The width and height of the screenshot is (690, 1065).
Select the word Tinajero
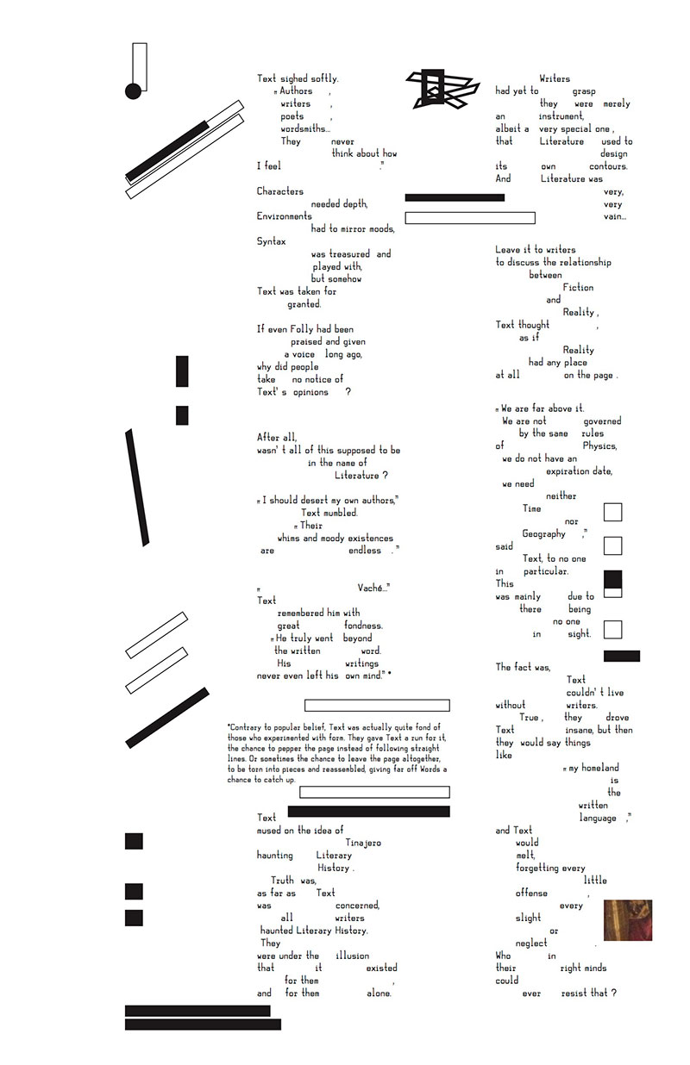click(x=363, y=843)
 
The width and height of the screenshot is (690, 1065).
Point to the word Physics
click(x=599, y=446)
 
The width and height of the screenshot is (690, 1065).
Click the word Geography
click(x=543, y=534)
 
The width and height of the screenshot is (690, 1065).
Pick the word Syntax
click(x=271, y=241)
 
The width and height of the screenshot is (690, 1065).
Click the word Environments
click(x=285, y=216)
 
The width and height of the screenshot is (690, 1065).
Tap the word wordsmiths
click(x=304, y=129)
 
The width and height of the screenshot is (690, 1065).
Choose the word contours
click(x=608, y=166)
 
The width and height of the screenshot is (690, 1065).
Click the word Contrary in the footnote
click(x=245, y=726)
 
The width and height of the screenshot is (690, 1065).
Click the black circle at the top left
click(x=133, y=90)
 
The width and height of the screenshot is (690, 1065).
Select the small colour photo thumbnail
click(x=627, y=920)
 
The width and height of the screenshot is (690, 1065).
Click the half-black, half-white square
click(x=613, y=583)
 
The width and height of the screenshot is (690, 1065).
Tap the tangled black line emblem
click(x=442, y=88)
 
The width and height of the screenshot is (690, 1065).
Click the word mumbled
click(x=340, y=513)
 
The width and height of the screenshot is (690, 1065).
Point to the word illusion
click(x=352, y=956)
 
